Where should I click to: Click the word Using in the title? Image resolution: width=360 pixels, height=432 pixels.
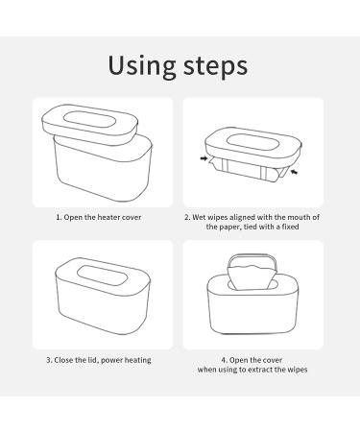click(x=142, y=66)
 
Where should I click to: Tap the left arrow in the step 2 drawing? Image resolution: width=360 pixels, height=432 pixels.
click(x=204, y=158)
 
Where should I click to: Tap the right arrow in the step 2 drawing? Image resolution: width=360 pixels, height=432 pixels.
click(x=295, y=172)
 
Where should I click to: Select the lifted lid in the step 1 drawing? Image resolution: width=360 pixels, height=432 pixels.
click(x=90, y=124)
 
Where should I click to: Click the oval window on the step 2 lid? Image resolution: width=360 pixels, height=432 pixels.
click(x=252, y=142)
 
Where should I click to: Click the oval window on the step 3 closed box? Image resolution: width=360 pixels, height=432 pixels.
click(x=102, y=276)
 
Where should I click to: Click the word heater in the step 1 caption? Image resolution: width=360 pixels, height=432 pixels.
click(x=109, y=217)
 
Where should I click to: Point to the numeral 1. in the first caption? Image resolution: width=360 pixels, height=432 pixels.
click(x=59, y=218)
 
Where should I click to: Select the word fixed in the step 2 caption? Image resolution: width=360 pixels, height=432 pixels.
click(x=290, y=227)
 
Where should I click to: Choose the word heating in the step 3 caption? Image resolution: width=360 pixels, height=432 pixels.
click(x=137, y=360)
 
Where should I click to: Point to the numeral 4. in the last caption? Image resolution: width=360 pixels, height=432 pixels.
click(x=224, y=360)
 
